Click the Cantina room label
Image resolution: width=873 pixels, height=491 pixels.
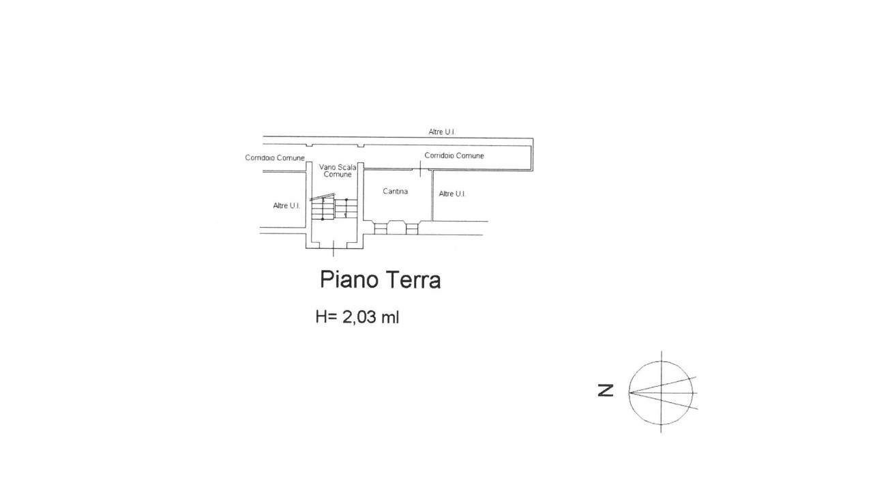395,192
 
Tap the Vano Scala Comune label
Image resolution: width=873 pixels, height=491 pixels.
338,170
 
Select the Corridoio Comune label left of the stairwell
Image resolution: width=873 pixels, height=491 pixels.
275,158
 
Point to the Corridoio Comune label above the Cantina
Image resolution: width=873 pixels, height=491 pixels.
454,155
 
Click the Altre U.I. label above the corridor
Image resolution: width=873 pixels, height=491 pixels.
442,132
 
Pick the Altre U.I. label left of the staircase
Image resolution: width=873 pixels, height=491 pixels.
286,206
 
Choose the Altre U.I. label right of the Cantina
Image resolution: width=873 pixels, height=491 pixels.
452,194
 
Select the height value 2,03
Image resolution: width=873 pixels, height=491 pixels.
359,317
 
